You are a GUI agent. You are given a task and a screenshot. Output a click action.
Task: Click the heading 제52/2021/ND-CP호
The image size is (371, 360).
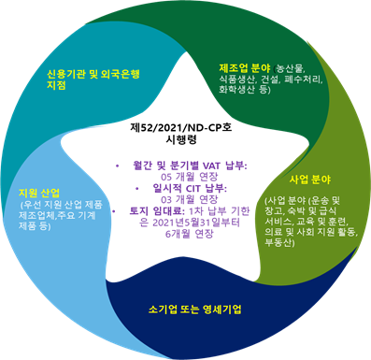point(181,128)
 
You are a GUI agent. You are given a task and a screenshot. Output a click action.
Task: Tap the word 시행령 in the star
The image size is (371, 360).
point(181,139)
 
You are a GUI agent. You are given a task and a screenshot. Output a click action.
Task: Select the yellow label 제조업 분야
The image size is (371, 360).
point(245,68)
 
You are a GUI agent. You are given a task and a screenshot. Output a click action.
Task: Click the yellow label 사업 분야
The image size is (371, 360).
point(310,180)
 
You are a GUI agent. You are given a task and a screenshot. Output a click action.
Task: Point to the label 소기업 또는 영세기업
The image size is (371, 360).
point(195,310)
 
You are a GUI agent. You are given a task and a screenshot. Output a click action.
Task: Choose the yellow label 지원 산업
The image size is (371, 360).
point(39,194)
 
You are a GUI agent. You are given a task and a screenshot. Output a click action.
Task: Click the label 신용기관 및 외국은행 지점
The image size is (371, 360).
point(93,79)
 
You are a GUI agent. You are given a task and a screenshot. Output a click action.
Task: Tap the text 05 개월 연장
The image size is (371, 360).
point(190,177)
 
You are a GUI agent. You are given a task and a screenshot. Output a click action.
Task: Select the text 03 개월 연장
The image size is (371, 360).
point(190,199)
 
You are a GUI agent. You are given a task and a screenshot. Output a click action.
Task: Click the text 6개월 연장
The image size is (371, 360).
point(190,234)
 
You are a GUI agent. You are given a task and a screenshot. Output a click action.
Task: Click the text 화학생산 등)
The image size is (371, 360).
point(245,90)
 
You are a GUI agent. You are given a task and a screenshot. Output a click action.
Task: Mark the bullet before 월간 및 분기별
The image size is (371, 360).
point(117,166)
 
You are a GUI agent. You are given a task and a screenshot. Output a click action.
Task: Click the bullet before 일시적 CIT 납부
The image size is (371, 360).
point(137,189)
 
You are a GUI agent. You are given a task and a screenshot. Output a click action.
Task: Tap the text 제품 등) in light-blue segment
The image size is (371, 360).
point(35,225)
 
